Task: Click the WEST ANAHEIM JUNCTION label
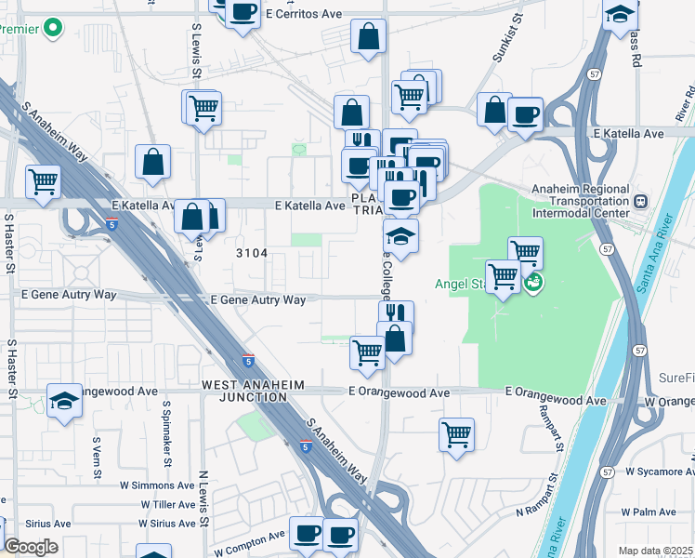(244, 391)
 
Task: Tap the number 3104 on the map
(252, 253)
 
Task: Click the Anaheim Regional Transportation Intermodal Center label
(582, 201)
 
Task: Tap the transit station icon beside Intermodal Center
(640, 201)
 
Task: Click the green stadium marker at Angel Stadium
(532, 282)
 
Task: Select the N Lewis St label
(203, 498)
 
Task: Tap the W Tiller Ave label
(168, 504)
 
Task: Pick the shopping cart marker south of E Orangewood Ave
(456, 433)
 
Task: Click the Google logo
(31, 547)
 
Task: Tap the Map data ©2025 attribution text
(655, 551)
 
